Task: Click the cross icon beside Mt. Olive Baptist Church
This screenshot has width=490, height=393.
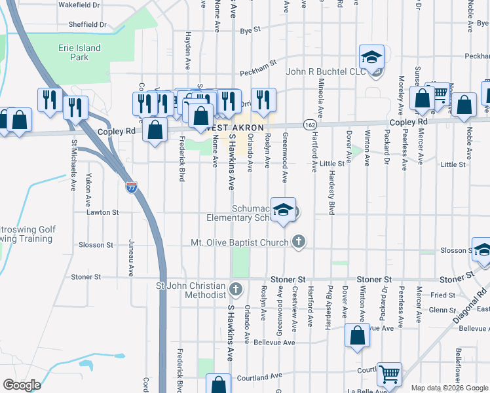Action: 299,242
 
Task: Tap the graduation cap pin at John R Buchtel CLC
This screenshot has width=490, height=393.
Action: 371,58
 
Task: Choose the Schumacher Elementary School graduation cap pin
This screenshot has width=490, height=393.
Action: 283,210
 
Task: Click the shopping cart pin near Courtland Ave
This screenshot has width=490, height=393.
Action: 390,375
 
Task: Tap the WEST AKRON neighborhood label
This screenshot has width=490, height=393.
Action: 238,126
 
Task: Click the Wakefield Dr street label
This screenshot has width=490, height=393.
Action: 79,4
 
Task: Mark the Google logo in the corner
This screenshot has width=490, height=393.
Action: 22,385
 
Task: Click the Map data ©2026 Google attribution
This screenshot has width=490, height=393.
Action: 449,388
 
